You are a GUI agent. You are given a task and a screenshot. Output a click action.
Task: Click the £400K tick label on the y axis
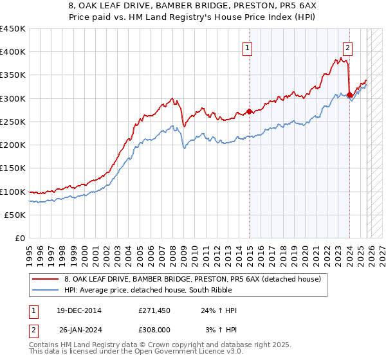(13, 52)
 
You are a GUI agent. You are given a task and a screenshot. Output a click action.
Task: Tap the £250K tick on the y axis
(13, 122)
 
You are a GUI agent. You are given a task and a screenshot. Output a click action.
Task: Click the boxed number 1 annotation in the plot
(248, 47)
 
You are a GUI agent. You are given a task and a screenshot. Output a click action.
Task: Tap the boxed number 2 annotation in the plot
(347, 47)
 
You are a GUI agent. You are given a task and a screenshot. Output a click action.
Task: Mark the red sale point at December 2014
(249, 112)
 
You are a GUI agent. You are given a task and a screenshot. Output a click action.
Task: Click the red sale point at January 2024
(349, 95)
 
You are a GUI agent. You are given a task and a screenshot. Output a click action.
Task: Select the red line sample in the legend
(46, 278)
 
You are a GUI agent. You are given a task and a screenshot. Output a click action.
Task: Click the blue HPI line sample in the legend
(46, 290)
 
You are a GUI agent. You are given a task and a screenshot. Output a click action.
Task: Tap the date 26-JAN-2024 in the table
(78, 330)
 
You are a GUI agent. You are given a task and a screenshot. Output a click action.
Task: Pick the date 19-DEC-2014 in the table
(78, 310)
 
